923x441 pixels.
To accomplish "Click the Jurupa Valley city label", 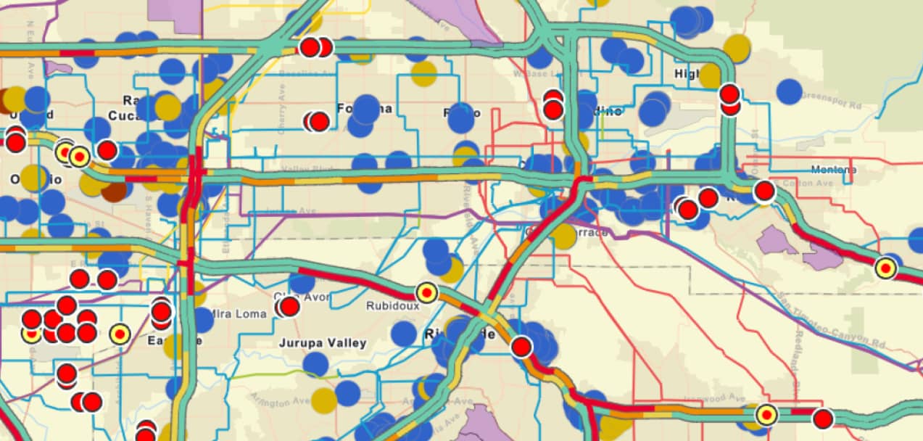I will [323, 342].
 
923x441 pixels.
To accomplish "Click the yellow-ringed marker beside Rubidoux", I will [427, 292].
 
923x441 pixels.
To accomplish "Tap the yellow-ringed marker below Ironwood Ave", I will [766, 415].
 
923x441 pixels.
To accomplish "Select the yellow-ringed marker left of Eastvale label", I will [120, 334].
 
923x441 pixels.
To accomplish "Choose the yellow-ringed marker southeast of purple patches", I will [885, 268].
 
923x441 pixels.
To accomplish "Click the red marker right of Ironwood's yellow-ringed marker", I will [822, 419].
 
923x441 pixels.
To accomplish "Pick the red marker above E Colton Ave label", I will [764, 191].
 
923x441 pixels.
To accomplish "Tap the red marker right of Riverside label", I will [521, 347].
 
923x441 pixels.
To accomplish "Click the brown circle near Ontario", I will [114, 191].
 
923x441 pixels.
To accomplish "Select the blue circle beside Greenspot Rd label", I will [789, 91].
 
